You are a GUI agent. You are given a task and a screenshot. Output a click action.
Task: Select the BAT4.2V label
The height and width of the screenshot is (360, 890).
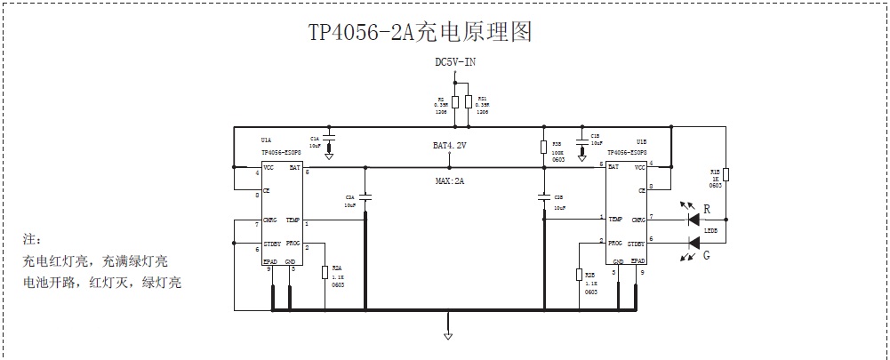(449, 145)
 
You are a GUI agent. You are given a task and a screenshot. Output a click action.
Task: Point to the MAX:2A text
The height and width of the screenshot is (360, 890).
(449, 180)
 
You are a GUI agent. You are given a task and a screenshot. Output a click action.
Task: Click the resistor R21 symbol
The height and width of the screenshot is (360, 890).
(469, 100)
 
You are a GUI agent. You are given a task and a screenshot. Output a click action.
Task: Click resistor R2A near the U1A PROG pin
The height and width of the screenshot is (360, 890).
(325, 271)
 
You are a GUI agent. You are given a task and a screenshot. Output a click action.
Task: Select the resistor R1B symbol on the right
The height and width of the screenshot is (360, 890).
(726, 174)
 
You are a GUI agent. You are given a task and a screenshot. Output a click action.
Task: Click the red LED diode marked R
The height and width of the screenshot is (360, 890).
(694, 219)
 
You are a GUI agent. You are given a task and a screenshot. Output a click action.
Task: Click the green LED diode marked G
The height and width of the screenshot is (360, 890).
(694, 240)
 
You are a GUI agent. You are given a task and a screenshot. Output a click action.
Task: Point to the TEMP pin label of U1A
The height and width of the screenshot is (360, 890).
(293, 220)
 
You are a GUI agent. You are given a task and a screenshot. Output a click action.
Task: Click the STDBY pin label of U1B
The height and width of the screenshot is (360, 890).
(636, 242)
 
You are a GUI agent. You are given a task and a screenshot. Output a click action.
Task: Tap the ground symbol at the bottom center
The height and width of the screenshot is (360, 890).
(448, 335)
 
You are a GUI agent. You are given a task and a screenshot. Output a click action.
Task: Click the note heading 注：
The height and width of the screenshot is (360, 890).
(33, 240)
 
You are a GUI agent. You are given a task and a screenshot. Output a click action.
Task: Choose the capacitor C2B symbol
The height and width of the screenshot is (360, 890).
(543, 197)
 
